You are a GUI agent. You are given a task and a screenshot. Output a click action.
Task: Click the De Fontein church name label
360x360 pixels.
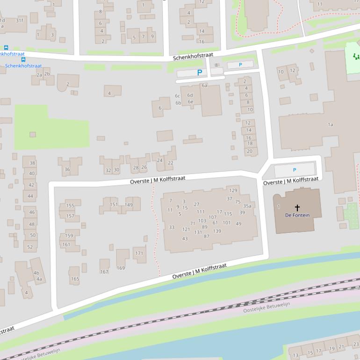tap(297, 215)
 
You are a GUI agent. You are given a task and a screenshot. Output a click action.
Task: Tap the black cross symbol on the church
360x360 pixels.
tap(297, 207)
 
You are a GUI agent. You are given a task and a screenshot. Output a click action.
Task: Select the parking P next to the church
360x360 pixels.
tap(295, 170)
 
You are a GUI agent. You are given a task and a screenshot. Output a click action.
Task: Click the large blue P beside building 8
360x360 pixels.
tap(200, 73)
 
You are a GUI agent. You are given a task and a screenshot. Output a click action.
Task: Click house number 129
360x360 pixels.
tap(233, 190)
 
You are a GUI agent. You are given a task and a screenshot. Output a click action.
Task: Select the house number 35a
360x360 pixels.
tap(247, 206)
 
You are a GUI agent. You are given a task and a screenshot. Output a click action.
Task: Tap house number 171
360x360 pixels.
tap(139, 253)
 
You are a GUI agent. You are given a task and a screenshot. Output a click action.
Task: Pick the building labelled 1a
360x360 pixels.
tap(331, 124)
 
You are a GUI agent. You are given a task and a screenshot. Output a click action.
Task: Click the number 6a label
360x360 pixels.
tap(204, 86)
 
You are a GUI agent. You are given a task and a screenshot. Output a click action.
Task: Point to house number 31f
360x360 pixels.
tap(19, 21)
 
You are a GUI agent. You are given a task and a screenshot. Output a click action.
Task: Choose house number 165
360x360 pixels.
tap(75, 279)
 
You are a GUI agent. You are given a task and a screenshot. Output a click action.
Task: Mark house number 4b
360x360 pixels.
tap(36, 273)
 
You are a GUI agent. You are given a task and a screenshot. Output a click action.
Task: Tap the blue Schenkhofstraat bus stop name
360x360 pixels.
tap(23, 66)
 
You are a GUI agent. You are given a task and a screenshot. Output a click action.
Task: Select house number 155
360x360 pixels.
tap(70, 206)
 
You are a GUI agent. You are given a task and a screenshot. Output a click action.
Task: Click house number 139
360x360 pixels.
tap(217, 231)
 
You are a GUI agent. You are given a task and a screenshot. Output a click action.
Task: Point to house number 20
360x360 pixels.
tap(249, 151)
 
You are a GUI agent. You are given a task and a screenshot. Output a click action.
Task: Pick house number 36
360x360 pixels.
tap(67, 170)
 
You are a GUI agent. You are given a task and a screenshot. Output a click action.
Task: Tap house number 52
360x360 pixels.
tap(30, 247)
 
